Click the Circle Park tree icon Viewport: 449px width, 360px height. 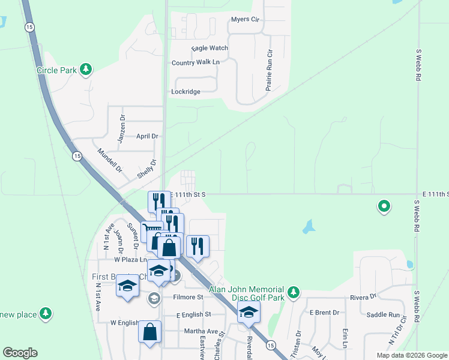click(86, 70)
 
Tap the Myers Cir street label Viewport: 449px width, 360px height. click(245, 20)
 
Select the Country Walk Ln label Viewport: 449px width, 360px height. click(196, 62)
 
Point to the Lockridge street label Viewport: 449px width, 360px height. click(185, 92)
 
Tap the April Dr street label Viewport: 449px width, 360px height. click(147, 136)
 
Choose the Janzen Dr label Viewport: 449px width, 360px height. click(122, 125)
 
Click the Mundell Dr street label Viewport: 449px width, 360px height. click(109, 160)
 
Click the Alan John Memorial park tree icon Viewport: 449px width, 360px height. click(293, 292)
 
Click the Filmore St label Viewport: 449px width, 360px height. click(188, 297)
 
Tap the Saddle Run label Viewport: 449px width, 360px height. click(382, 315)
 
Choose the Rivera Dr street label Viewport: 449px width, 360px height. click(364, 296)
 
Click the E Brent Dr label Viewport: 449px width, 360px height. click(324, 313)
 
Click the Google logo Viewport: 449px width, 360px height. click(20, 353)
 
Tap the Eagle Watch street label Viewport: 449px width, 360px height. click(209, 48)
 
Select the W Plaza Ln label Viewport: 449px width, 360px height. click(131, 260)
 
